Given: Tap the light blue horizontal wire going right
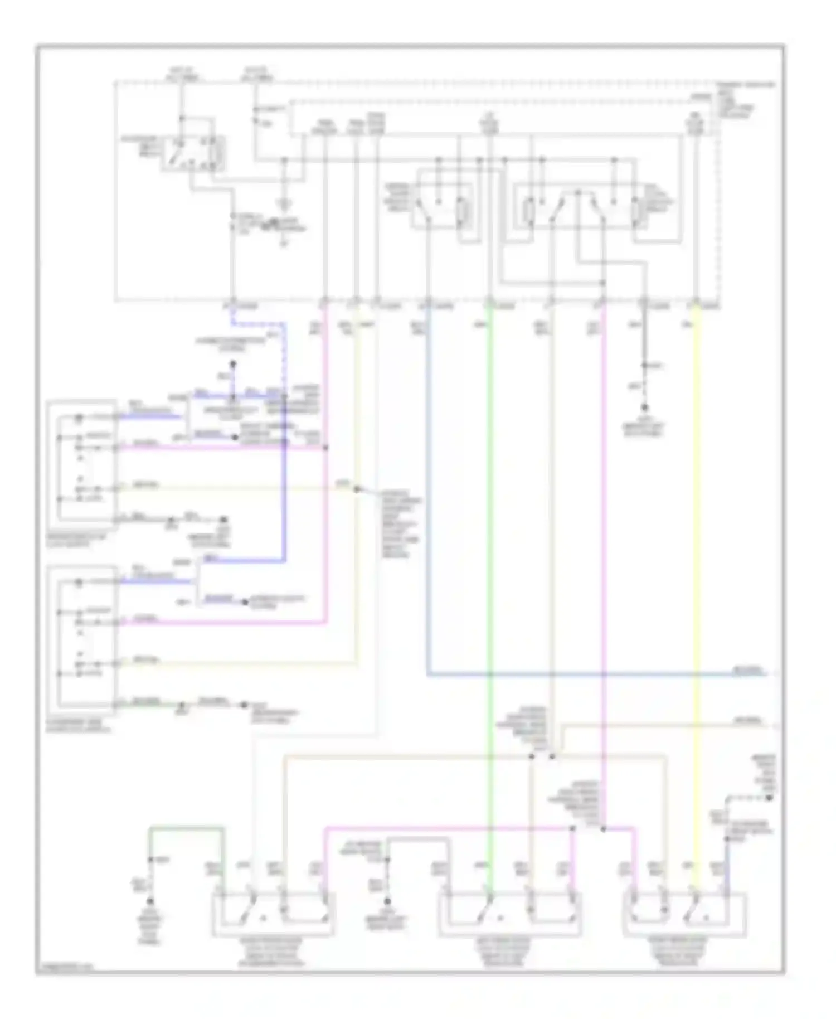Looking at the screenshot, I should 585,675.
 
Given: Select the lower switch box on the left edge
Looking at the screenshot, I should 82,635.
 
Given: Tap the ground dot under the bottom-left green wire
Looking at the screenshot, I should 150,901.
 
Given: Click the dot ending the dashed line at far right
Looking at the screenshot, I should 769,799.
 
